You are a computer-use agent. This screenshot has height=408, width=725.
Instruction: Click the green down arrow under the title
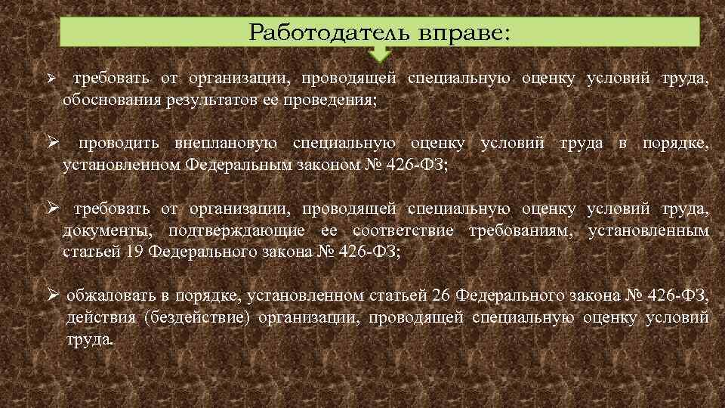click(381, 54)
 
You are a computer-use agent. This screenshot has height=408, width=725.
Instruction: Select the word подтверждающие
click(237, 230)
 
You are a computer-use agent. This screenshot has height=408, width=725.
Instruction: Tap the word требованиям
click(521, 230)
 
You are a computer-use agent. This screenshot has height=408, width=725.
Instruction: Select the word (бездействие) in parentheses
click(199, 317)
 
